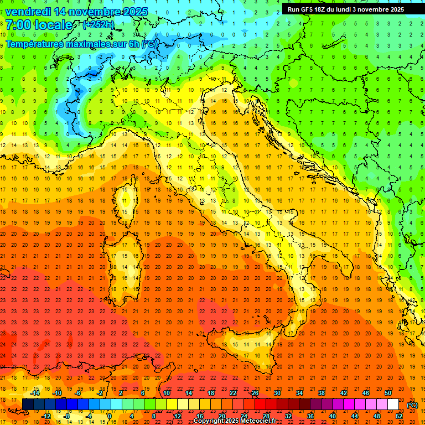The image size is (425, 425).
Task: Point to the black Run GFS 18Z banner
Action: pyautogui.click(x=346, y=9)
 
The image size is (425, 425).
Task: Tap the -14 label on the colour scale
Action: pyautogui.click(x=35, y=393)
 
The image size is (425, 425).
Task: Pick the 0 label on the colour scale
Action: pyautogui.click(x=109, y=416)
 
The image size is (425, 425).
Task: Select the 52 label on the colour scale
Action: pyautogui.click(x=399, y=416)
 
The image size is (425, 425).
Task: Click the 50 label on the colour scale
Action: pyautogui.click(x=388, y=393)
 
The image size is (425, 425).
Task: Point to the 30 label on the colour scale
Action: pyautogui.click(x=277, y=393)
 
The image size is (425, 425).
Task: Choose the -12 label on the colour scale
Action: pyautogui.click(x=46, y=416)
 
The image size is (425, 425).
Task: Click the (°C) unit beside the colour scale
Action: pyautogui.click(x=412, y=405)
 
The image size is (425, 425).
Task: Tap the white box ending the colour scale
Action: pyautogui.click(x=393, y=405)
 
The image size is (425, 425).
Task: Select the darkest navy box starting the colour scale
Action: pyautogui.click(x=28, y=405)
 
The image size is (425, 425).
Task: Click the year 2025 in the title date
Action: pyautogui.click(x=136, y=11)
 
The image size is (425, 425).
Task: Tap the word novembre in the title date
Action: pyautogui.click(x=99, y=11)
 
